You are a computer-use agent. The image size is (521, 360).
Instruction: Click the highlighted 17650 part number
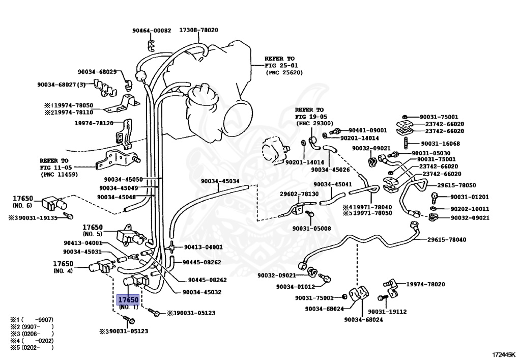[x=128, y=300]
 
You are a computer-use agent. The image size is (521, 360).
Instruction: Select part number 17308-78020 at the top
[x=198, y=30]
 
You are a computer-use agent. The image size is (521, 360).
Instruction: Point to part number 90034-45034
[x=220, y=181]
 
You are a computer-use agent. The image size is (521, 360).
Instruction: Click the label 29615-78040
[x=447, y=239]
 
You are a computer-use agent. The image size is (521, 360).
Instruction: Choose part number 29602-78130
[x=299, y=194]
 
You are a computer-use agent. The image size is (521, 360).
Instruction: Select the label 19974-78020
[x=425, y=284]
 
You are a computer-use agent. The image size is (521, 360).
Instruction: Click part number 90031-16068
[x=436, y=144]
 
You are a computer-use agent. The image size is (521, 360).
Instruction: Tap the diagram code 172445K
[x=504, y=353]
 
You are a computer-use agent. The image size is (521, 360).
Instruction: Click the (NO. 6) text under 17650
[x=22, y=205]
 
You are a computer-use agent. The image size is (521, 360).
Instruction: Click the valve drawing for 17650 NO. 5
[x=130, y=236]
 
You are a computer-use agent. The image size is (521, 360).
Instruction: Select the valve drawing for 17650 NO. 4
[x=100, y=266]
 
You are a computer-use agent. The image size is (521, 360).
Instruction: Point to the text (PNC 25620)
[x=284, y=73]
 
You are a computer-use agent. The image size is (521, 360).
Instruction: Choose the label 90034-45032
[x=202, y=292]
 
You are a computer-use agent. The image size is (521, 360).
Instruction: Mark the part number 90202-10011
[x=470, y=209]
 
